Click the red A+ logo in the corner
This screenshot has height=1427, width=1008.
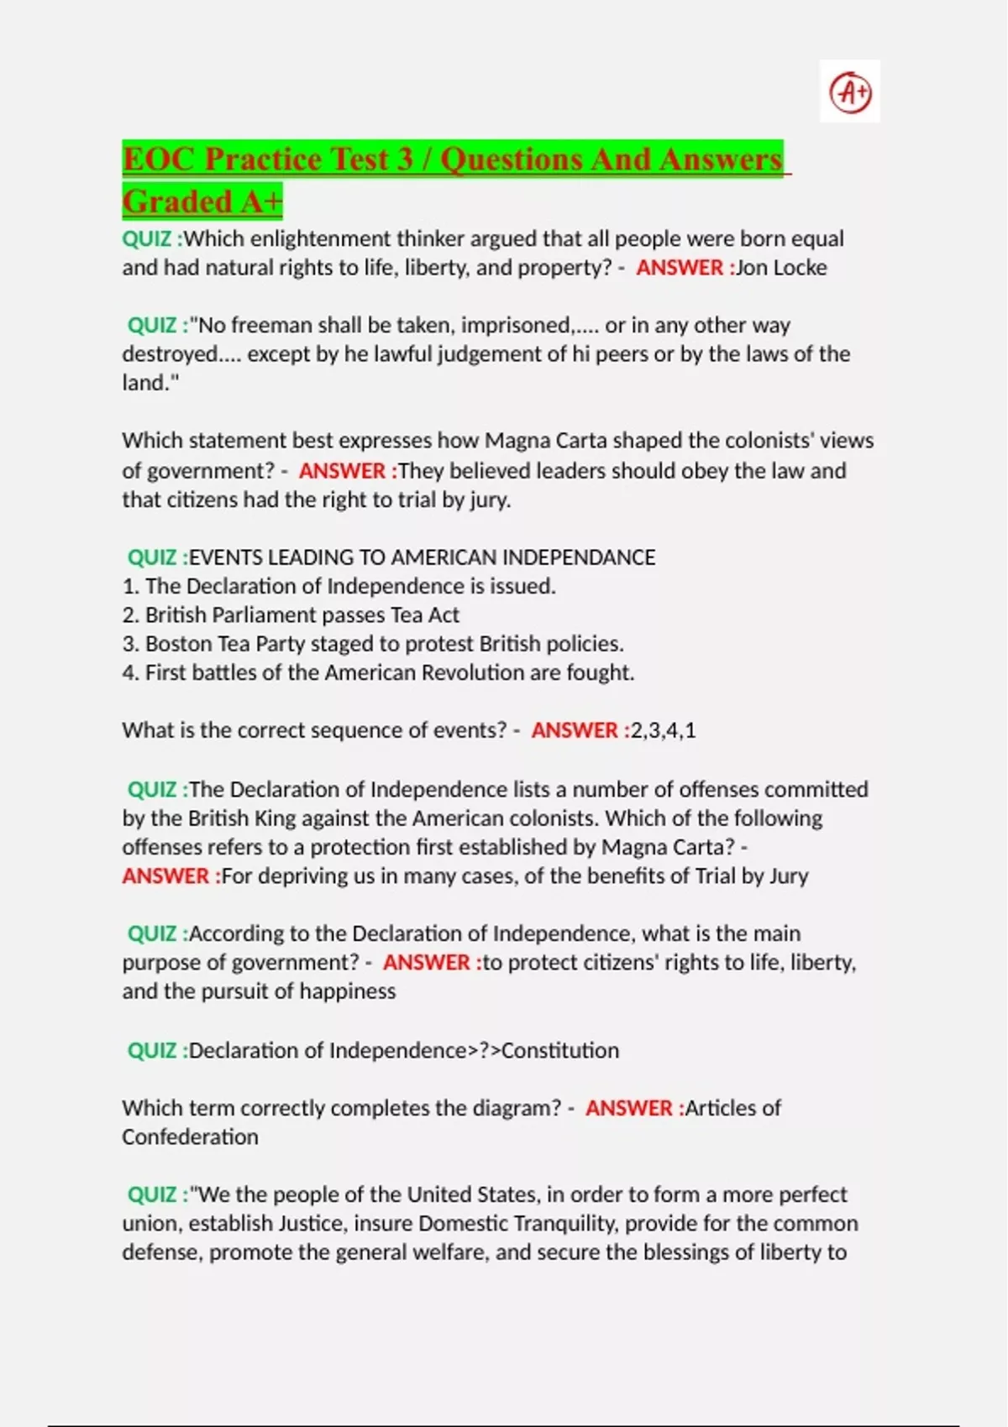[x=850, y=91]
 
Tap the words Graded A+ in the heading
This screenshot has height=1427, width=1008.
[x=202, y=201]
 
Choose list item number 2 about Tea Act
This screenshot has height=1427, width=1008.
[x=291, y=615]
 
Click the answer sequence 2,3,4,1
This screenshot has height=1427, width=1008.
[x=663, y=730]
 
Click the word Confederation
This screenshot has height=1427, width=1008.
[x=191, y=1137]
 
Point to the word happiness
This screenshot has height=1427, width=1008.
[x=348, y=991]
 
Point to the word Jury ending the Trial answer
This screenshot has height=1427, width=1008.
[x=789, y=876]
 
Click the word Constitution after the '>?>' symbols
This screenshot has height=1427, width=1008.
[x=560, y=1051]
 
